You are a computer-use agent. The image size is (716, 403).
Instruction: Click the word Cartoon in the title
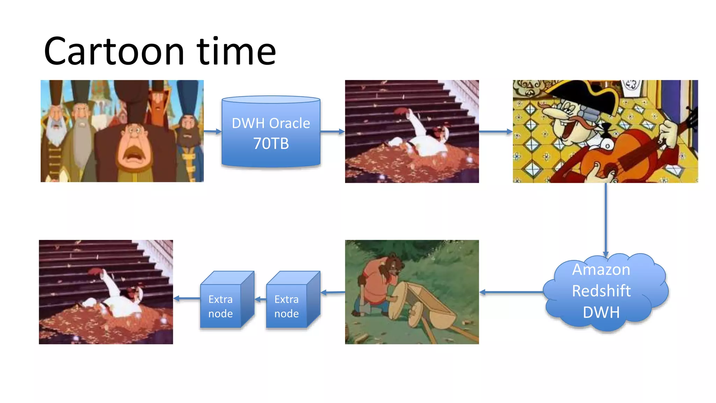coord(114,52)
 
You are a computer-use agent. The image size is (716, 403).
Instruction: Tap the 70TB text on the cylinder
coord(271,143)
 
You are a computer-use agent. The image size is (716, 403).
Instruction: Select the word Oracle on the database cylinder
coord(289,123)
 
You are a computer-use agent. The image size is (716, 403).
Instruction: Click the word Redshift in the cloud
coord(601,291)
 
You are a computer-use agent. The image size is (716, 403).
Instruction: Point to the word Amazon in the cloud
coord(601,269)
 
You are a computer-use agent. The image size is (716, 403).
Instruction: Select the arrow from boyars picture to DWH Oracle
coord(213,132)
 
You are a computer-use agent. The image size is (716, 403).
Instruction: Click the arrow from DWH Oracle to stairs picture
coord(332,132)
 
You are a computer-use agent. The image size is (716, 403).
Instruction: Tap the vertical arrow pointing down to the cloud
coord(606,220)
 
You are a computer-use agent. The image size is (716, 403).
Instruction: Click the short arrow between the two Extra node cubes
coord(260,299)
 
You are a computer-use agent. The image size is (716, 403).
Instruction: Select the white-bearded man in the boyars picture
coord(56,126)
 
